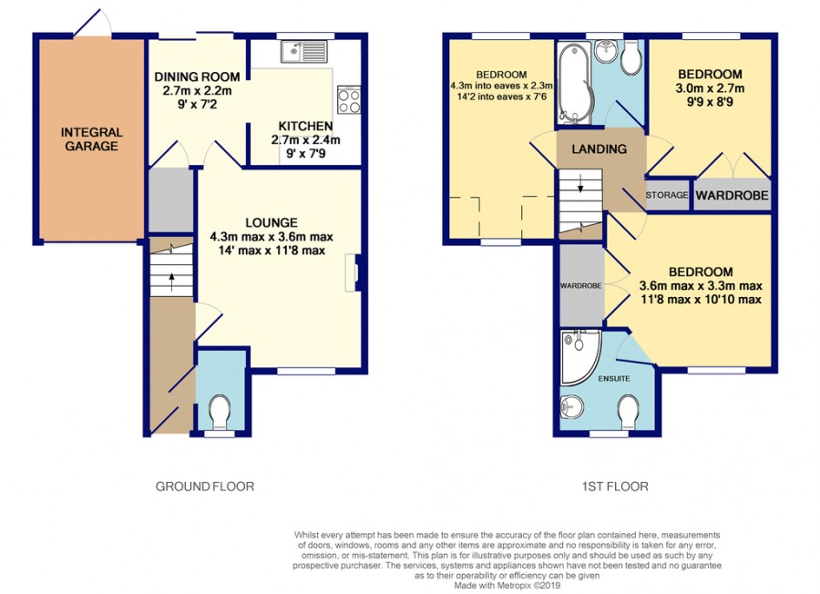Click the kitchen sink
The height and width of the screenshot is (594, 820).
[x=303, y=51]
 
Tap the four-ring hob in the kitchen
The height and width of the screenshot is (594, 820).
[x=349, y=99]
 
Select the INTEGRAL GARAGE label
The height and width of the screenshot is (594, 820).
[x=91, y=139]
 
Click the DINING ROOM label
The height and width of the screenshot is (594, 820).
[x=197, y=77]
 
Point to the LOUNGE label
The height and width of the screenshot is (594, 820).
[x=272, y=222]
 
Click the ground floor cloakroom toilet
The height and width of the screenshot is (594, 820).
[x=220, y=411]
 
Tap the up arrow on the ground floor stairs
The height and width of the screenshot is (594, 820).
[x=171, y=282]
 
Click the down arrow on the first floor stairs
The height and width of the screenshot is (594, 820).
[x=580, y=182]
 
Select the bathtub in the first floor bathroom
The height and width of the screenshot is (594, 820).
[x=573, y=83]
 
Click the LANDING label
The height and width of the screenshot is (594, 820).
[x=599, y=149]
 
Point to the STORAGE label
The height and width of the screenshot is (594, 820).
[x=667, y=195]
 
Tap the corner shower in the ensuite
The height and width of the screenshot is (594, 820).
[x=580, y=356]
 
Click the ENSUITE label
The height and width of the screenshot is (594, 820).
[x=614, y=378]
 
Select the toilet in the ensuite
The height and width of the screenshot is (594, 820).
[x=628, y=411]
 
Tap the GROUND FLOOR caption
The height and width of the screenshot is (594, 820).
[x=205, y=486]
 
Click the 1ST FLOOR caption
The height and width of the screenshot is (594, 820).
[x=615, y=486]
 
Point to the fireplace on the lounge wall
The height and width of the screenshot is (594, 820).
[x=352, y=273]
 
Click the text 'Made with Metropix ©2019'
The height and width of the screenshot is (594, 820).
[x=507, y=586]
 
